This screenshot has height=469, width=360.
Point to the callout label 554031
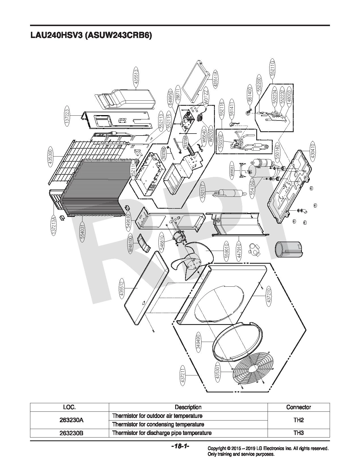(x=82, y=232)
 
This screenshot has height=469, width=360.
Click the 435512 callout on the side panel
(x=122, y=288)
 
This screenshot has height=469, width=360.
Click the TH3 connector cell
(x=298, y=433)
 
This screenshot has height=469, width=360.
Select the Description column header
(x=188, y=407)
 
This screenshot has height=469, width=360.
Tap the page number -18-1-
(x=180, y=446)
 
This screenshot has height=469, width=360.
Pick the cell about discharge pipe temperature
(x=162, y=433)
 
